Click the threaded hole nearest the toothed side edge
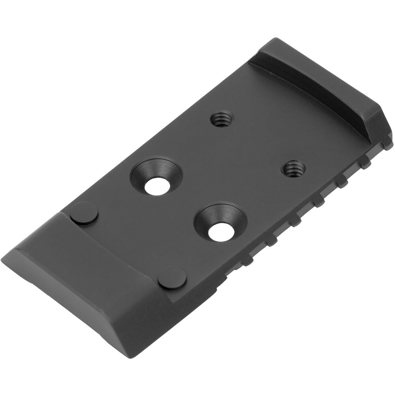[294, 169]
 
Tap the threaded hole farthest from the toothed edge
[222, 119]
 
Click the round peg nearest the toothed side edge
[172, 278]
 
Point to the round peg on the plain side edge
[84, 213]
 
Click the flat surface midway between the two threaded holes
[258, 144]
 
